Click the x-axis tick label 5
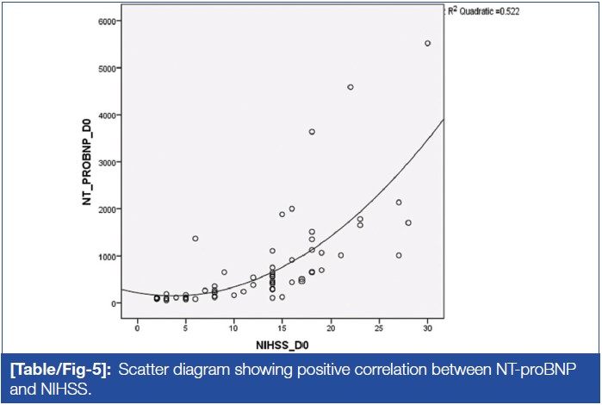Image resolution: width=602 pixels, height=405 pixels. coord(185,327)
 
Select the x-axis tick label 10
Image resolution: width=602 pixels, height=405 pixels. coord(233,327)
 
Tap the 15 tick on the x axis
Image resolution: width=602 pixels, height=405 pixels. coord(282,327)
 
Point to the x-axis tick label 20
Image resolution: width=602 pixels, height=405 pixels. coord(331,327)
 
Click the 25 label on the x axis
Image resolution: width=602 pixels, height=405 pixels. coord(379,327)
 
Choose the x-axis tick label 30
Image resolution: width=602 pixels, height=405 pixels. coord(427,327)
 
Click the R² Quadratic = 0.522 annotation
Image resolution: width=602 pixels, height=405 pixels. coord(483,11)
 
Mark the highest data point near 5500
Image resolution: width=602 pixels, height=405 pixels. coord(427,43)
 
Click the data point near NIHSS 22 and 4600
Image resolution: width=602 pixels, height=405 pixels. coord(351,87)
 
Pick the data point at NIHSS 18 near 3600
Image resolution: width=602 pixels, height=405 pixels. coord(312,132)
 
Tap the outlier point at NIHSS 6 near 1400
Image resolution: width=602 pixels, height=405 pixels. coord(195,239)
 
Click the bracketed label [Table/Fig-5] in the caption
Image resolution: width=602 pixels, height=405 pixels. coord(63,370)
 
